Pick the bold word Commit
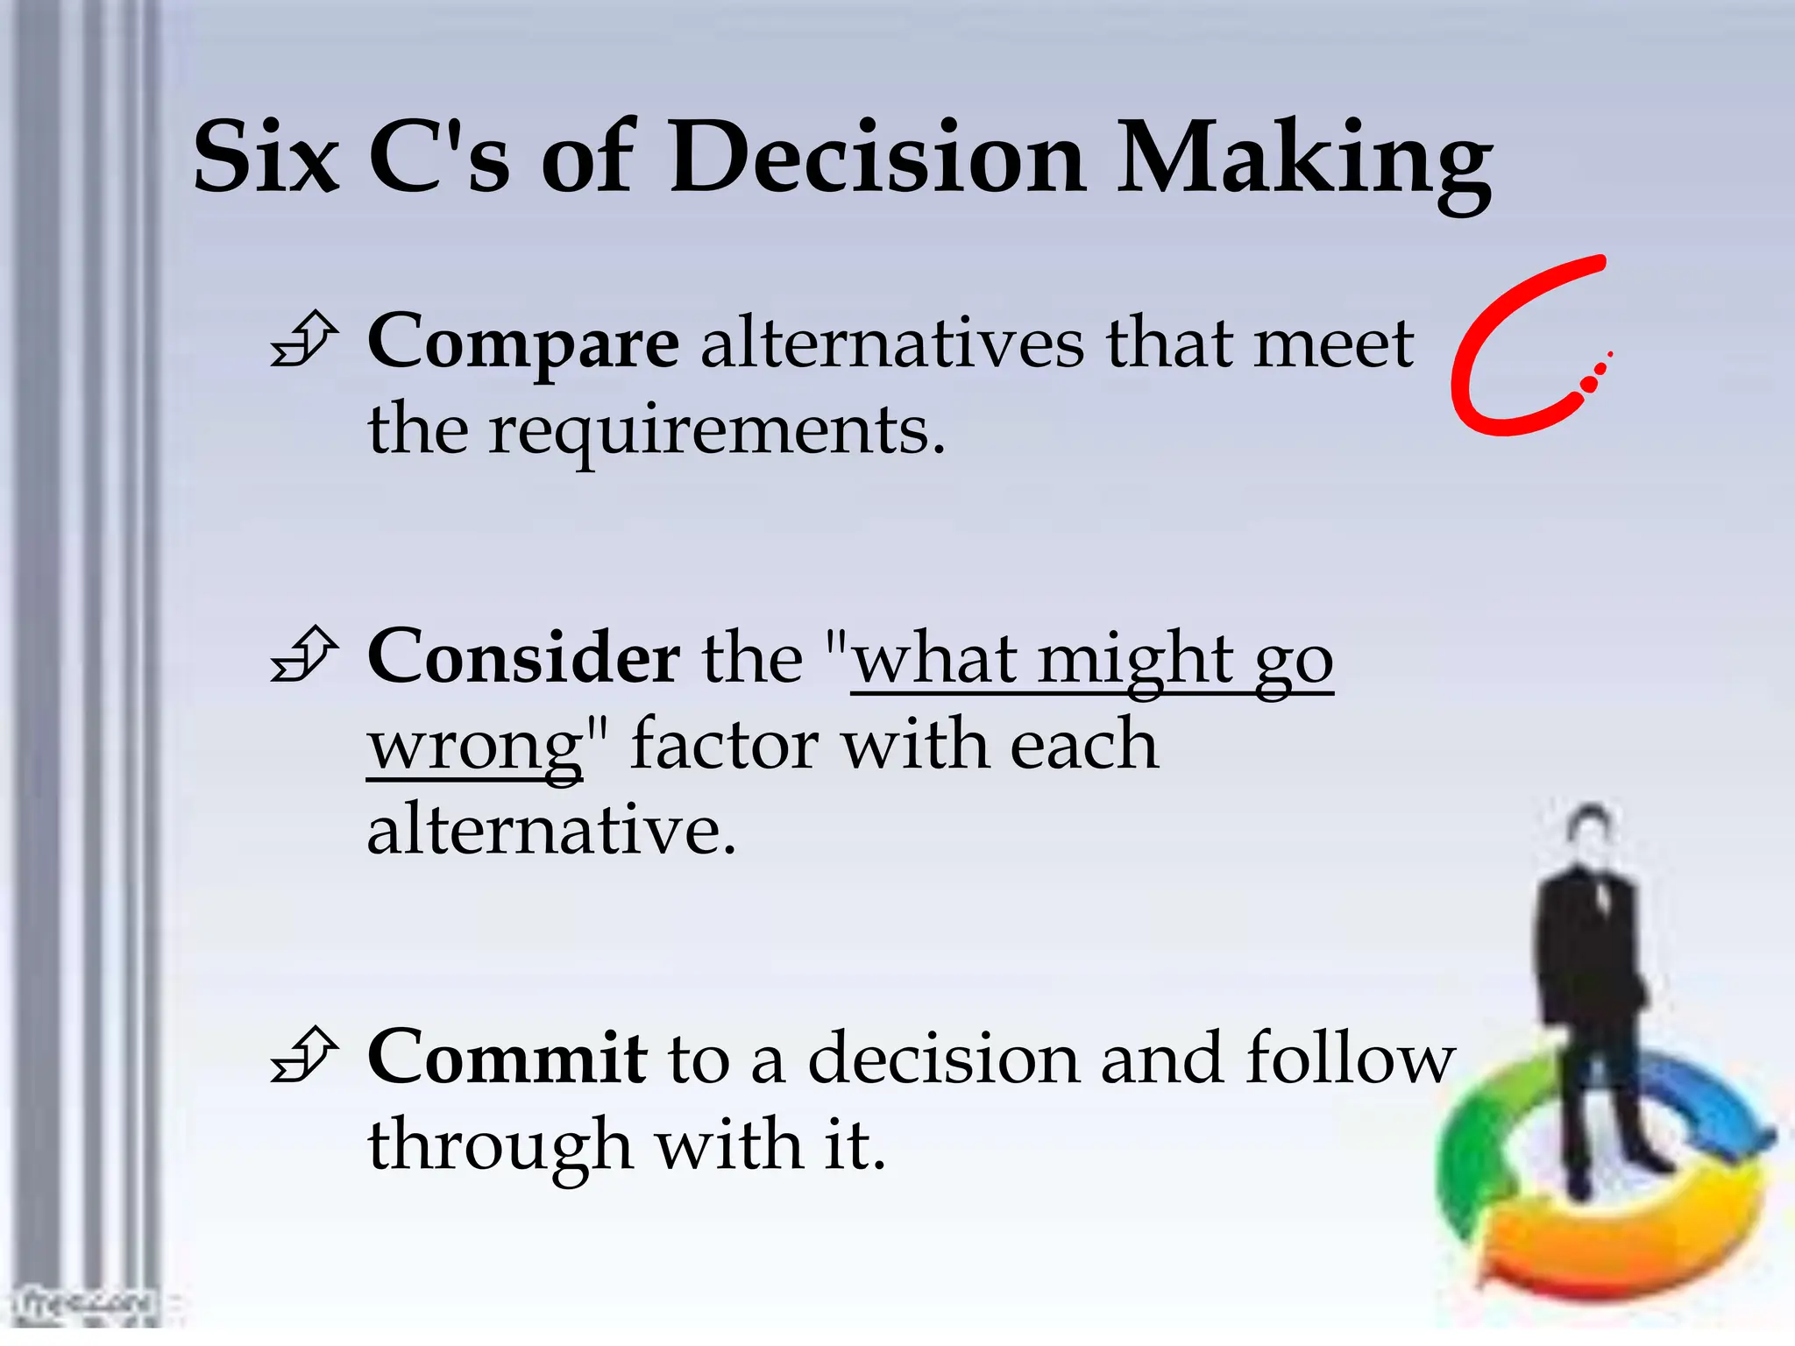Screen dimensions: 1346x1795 point(507,1058)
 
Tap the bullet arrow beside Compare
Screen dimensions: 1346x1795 point(303,340)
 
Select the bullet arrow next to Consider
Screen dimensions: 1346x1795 point(303,655)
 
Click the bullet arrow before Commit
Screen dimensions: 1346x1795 point(303,1056)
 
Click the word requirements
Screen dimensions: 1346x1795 point(717,431)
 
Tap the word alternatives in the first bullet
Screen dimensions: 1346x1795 point(891,344)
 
